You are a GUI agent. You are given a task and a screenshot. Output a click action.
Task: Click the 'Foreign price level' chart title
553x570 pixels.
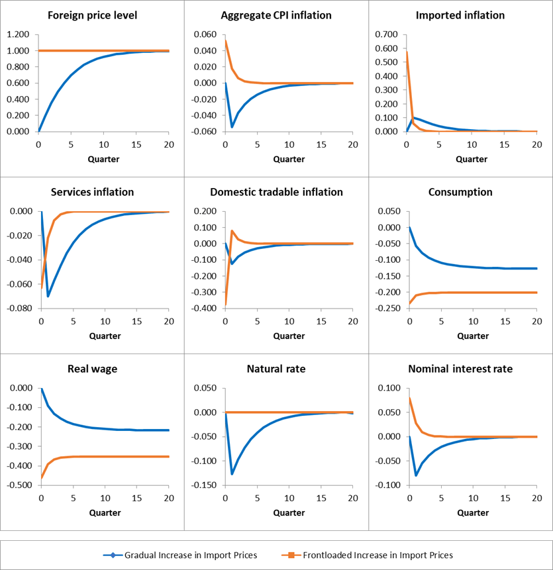(x=91, y=15)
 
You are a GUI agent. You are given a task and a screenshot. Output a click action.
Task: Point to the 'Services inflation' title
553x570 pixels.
(x=92, y=192)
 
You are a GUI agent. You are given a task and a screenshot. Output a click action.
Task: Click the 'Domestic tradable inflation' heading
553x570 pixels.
(x=276, y=192)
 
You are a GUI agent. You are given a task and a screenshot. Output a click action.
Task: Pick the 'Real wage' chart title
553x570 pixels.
(x=92, y=369)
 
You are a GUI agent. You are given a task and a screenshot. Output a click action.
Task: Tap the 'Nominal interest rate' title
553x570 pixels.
(x=460, y=369)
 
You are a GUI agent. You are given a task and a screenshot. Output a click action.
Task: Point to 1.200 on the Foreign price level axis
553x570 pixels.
(x=18, y=34)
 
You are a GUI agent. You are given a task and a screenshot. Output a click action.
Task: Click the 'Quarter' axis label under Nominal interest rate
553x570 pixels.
(x=472, y=512)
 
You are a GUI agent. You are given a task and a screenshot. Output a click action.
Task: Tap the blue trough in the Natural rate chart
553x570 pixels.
(x=232, y=473)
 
